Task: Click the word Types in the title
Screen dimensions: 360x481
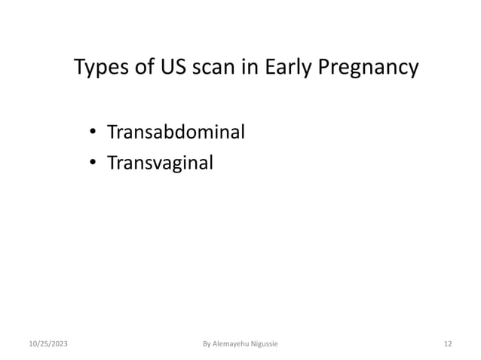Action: pos(99,69)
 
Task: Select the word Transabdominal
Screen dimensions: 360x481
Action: pos(176,134)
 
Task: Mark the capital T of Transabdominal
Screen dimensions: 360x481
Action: pos(111,134)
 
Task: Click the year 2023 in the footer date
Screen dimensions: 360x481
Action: pos(55,344)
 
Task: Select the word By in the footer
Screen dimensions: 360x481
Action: pos(207,344)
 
